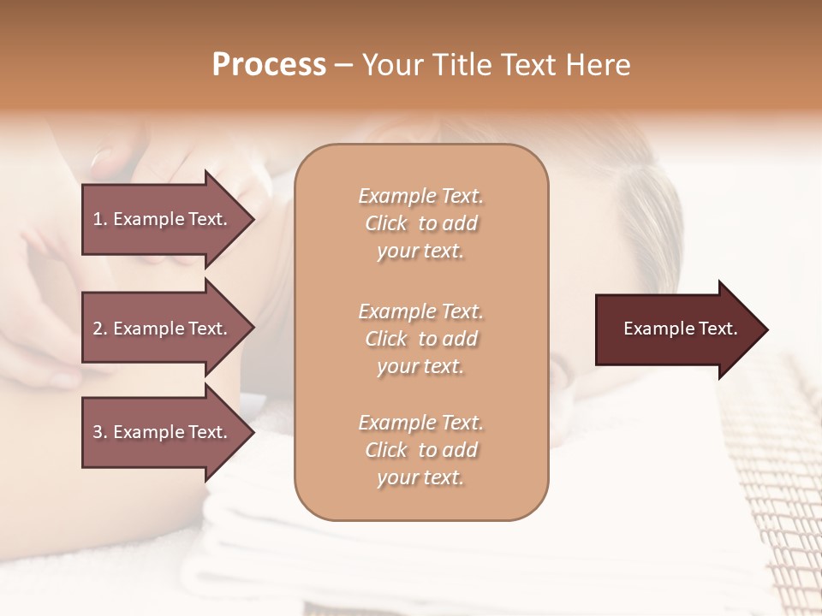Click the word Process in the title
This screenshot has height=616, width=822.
[269, 65]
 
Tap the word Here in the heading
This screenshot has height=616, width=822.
[598, 65]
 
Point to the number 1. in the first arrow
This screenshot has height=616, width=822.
[100, 219]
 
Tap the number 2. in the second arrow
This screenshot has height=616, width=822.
[100, 329]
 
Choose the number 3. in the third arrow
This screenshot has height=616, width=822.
[100, 432]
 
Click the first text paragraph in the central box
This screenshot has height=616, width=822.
[420, 223]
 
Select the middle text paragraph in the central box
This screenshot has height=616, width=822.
[420, 338]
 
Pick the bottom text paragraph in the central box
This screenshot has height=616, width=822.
[420, 450]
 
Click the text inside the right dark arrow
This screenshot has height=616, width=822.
[680, 329]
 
